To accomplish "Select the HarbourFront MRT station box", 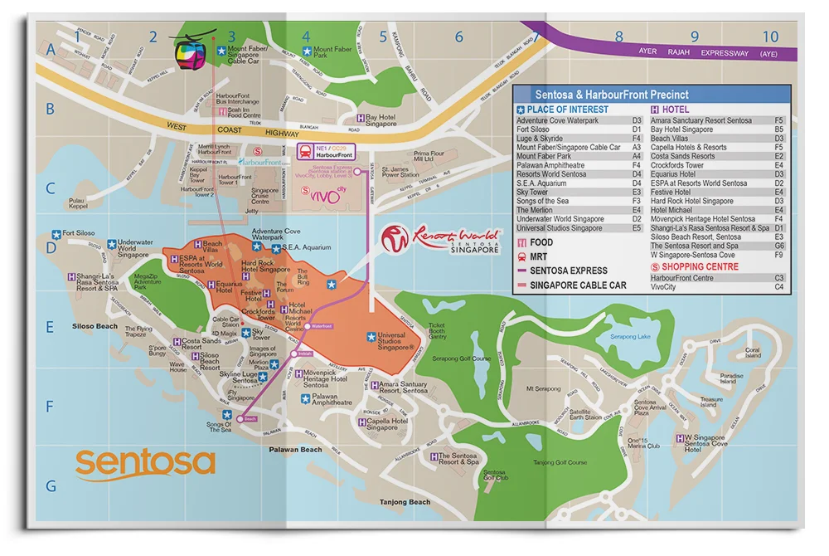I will [319, 152].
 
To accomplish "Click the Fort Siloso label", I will [79, 234].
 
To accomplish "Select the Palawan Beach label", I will [295, 450].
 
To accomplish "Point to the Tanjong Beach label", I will [405, 502].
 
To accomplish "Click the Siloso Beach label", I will [95, 326].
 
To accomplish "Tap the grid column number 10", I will [770, 37].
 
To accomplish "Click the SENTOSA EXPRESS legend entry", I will [569, 271].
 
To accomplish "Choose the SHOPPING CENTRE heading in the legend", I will [700, 267].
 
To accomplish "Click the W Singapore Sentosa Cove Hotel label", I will [704, 443].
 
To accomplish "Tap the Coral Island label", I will [752, 352].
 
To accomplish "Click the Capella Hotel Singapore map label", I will [388, 424].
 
